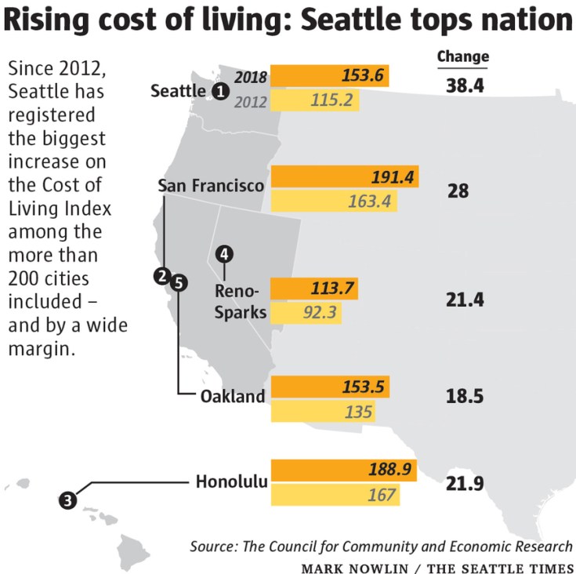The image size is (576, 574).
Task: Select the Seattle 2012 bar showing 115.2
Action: tap(314, 100)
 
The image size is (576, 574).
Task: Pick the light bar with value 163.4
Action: tap(333, 201)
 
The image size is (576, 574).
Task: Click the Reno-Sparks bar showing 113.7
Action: tap(313, 289)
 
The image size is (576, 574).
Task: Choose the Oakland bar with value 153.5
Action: tap(329, 387)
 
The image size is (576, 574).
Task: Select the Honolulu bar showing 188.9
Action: tap(342, 470)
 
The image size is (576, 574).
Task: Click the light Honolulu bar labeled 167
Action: tap(334, 496)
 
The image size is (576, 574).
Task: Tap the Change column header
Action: tap(462, 56)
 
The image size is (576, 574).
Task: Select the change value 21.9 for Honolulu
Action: tap(465, 483)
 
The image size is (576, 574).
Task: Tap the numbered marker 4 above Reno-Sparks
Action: tap(225, 253)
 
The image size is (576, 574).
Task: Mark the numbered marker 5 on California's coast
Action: tap(179, 282)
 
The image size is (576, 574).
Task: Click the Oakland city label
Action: tap(233, 396)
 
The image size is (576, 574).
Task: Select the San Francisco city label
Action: tap(211, 186)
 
